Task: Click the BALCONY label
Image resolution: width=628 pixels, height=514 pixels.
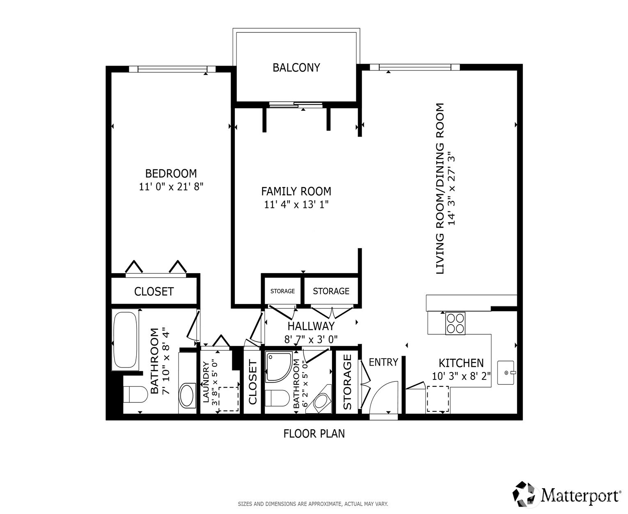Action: [296, 68]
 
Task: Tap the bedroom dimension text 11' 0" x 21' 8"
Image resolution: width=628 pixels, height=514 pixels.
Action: [171, 187]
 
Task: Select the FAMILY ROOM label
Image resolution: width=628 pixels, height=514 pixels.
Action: [296, 191]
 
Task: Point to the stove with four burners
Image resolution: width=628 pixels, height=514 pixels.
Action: [455, 323]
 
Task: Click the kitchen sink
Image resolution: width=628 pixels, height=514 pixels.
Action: [506, 372]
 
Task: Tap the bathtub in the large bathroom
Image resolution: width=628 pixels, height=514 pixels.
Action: [126, 340]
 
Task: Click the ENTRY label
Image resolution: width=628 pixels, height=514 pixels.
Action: [383, 362]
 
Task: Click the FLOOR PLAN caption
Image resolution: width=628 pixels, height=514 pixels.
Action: [314, 434]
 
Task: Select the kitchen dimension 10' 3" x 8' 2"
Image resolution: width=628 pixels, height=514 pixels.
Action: [461, 376]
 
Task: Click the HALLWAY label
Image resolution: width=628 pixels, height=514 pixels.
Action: [311, 327]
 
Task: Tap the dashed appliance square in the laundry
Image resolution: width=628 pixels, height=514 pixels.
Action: [228, 399]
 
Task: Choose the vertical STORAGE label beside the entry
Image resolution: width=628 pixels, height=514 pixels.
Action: [347, 382]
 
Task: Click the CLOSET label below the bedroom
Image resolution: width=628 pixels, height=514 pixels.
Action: [154, 292]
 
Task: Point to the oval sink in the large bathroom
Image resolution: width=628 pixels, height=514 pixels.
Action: [188, 395]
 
